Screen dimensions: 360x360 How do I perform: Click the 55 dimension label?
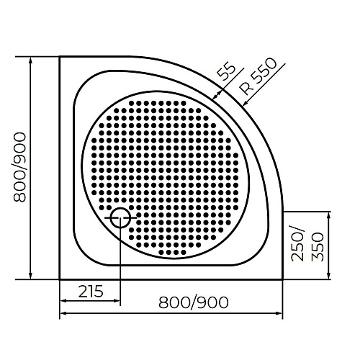tap(227, 73)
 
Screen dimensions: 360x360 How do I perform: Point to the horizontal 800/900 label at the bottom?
tap(194, 302)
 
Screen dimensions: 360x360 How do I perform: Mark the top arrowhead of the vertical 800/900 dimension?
tap(31, 60)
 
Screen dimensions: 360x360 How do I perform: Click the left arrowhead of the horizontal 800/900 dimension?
tap(62, 312)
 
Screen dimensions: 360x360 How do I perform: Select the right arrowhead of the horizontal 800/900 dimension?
tap(280, 312)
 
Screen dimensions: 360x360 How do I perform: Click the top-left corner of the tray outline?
tap(60, 58)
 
